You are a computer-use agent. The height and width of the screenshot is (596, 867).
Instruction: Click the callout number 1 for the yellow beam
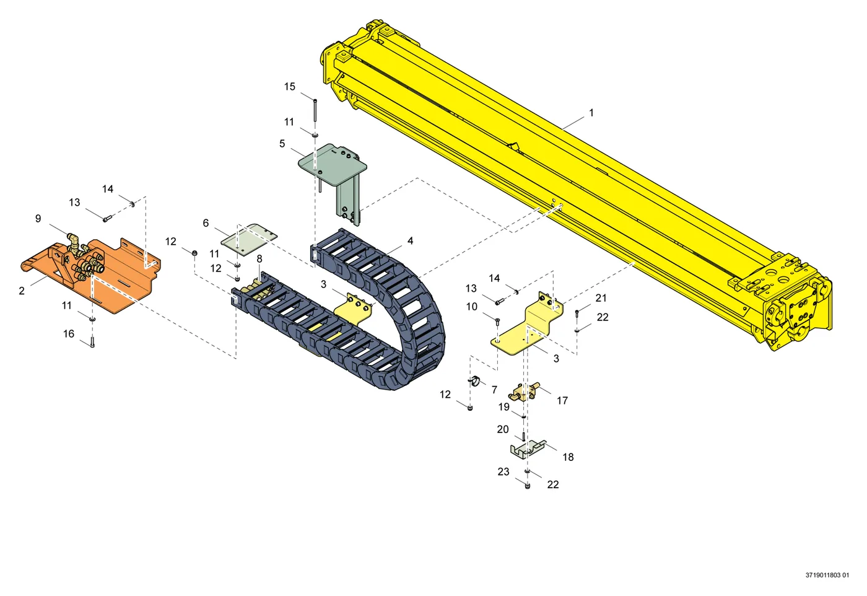[591, 113]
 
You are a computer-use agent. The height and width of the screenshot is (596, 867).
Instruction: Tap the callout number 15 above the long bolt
[290, 87]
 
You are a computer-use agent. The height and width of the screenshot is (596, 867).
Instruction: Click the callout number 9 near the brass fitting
[38, 219]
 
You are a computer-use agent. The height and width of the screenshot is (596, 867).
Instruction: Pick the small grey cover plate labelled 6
[249, 240]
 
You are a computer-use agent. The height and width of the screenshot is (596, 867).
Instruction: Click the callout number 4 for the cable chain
[410, 241]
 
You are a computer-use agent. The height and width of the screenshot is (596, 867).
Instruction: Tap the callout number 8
[259, 259]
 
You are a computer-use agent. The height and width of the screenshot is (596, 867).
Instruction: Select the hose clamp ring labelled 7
[474, 380]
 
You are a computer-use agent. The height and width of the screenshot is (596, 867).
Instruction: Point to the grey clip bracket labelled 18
[527, 449]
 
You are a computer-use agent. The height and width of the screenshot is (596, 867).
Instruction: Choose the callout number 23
[503, 471]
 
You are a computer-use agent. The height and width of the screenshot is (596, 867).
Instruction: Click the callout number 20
[503, 429]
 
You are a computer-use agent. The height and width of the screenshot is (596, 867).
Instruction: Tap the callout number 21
[601, 298]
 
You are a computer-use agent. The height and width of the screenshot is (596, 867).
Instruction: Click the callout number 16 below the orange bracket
[69, 334]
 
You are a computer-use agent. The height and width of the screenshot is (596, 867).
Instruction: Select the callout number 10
[471, 307]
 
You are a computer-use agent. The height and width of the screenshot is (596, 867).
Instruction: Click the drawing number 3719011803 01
[827, 575]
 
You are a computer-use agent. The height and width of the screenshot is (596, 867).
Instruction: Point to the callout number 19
[503, 407]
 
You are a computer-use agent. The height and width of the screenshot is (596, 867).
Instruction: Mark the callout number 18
[568, 457]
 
